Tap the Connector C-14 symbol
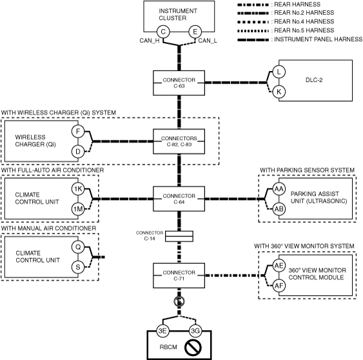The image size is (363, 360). (x=179, y=236)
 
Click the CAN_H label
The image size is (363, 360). (x=150, y=41)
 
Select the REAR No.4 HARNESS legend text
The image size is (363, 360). (x=304, y=21)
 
